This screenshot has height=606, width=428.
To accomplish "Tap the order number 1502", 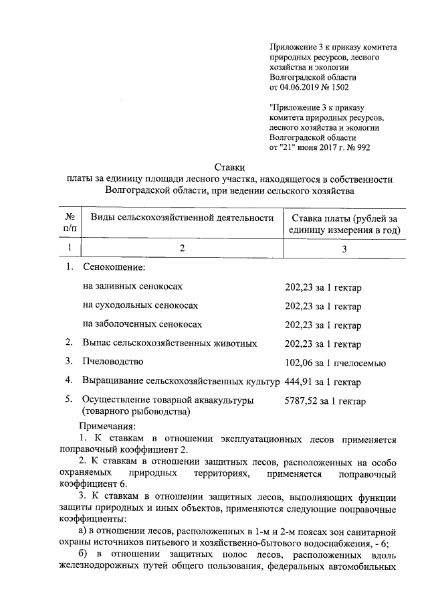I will (338, 87).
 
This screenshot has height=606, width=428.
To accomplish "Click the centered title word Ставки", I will (229, 167).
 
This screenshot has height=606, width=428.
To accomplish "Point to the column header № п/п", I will (69, 224).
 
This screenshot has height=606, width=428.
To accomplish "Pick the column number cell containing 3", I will (344, 248).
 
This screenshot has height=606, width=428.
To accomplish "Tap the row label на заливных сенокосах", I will (132, 287).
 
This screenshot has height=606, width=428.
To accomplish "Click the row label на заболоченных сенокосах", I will (142, 325).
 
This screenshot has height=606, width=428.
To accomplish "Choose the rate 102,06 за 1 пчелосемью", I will (335, 363).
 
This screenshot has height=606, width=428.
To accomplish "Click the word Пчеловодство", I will (113, 362).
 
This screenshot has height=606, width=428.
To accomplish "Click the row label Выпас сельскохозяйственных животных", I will (170, 344).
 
